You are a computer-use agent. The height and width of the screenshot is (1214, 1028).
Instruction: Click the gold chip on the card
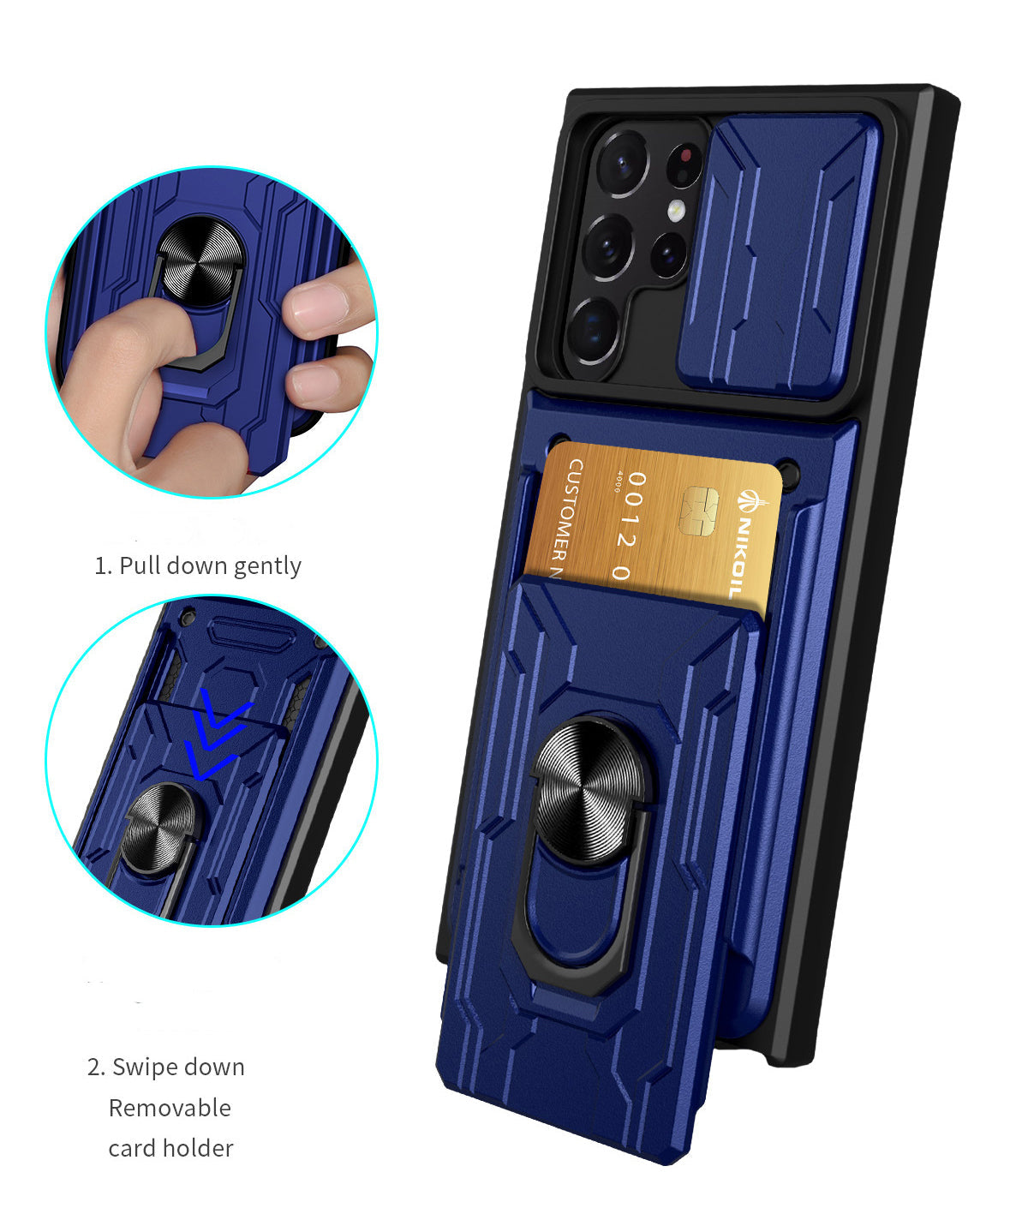pos(697,511)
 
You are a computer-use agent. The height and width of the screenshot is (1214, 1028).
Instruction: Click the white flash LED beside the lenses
pos(677,209)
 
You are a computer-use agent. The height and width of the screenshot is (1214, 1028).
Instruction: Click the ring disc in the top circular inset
pos(200,260)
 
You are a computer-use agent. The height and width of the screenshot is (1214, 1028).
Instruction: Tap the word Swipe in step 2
pos(147,1067)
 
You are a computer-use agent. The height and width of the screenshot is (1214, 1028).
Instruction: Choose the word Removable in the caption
pos(170,1108)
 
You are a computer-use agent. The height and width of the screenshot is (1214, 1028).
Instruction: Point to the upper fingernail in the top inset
pos(317,306)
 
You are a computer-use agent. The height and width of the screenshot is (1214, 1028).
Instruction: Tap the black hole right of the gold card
pos(790,473)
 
